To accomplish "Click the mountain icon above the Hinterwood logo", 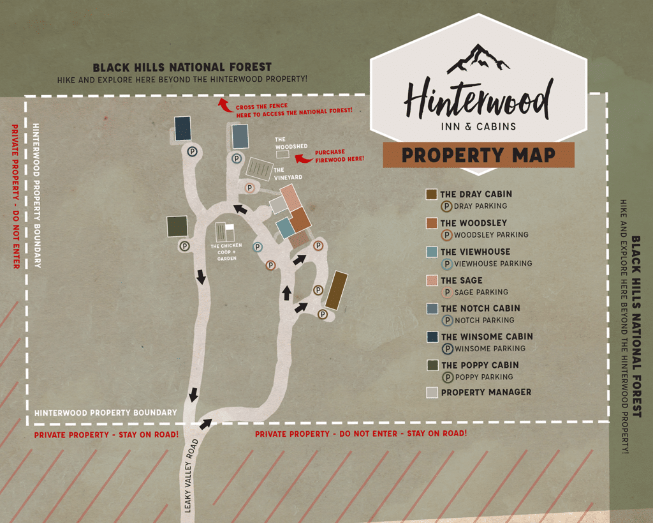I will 478,59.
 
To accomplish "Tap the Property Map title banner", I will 478,155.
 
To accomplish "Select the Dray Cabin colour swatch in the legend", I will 432,194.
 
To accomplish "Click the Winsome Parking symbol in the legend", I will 448,349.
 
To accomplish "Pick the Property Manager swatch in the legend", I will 432,392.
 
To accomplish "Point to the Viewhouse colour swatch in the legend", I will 432,252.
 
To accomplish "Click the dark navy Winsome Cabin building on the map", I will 182,128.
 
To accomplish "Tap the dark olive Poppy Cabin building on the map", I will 177,227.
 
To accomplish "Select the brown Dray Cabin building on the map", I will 336,290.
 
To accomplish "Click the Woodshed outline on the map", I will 282,155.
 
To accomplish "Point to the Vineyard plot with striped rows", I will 260,168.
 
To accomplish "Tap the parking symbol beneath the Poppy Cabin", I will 184,245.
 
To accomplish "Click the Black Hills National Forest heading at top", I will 182,67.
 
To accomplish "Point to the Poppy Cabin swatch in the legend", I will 432,365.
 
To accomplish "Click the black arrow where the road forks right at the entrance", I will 205,423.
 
